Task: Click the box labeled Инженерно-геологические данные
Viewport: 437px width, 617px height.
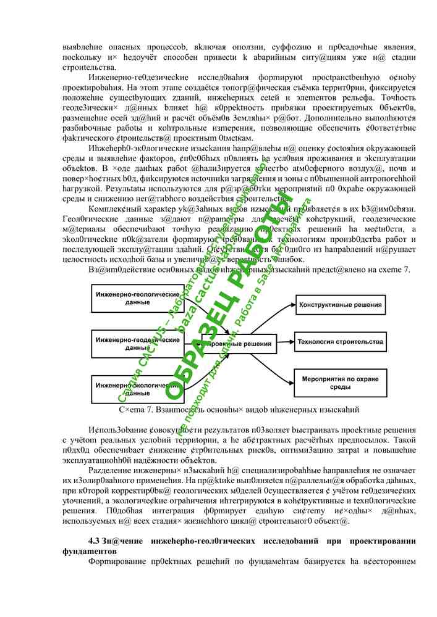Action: point(133,299)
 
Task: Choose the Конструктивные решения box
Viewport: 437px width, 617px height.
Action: point(340,304)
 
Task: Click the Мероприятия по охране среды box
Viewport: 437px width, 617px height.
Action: point(340,383)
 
